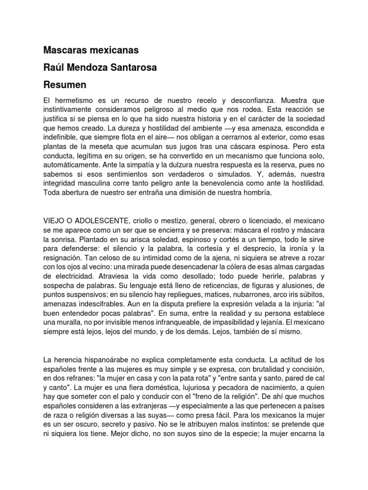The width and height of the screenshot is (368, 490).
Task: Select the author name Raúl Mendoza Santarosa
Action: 100,67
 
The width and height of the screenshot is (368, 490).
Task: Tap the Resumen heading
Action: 65,85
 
